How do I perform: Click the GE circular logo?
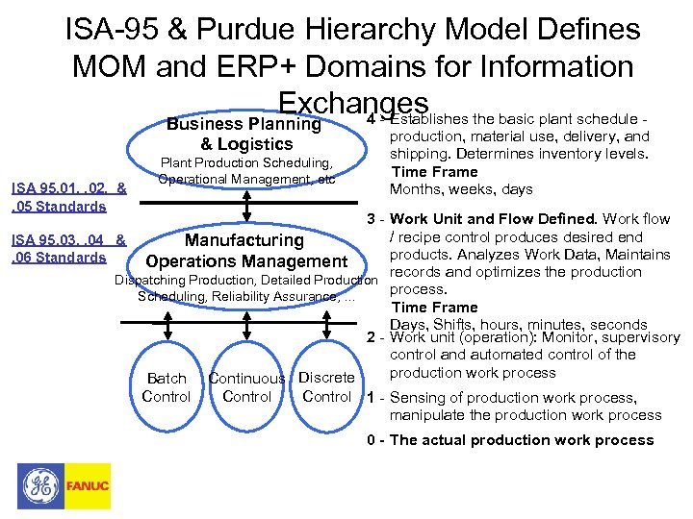[x=39, y=485]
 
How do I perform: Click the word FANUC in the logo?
[x=87, y=486]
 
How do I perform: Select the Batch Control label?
[x=167, y=387]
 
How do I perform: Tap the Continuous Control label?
[x=246, y=387]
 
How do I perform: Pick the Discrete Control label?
[x=326, y=386]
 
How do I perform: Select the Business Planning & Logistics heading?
[x=244, y=134]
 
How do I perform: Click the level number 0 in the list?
[x=372, y=440]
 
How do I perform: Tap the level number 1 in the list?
[x=372, y=397]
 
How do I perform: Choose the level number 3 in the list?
[x=372, y=219]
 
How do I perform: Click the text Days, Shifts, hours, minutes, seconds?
[x=518, y=325]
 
